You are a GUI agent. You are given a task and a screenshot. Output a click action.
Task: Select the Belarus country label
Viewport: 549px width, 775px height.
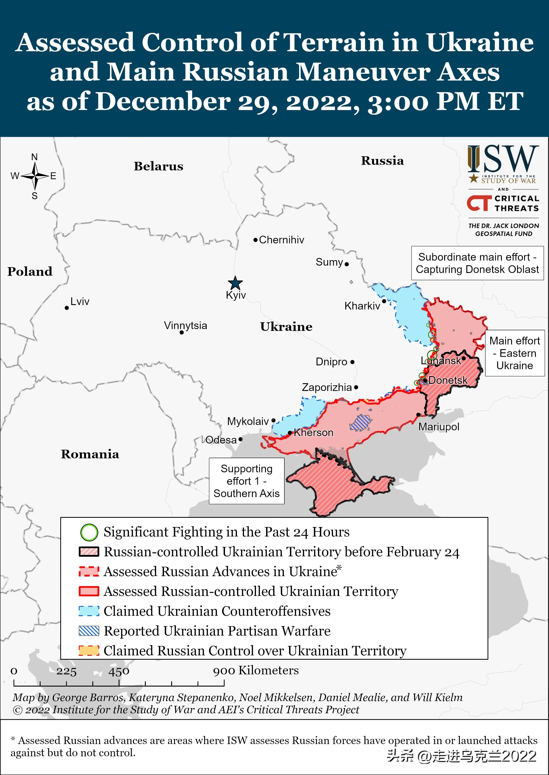pos(158,166)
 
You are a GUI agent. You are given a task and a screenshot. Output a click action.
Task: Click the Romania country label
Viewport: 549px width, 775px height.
pos(90,454)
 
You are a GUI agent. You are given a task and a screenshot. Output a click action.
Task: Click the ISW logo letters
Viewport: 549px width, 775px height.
pos(503,159)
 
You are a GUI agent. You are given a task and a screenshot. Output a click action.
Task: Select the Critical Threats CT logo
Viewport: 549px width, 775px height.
pos(479,203)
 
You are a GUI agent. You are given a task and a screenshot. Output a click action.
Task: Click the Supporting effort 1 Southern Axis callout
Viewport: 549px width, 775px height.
pos(247,481)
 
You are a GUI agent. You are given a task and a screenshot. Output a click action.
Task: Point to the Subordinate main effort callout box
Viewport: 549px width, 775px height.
pos(477,263)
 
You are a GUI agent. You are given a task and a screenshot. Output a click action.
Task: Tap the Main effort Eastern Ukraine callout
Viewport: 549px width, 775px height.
pos(515,353)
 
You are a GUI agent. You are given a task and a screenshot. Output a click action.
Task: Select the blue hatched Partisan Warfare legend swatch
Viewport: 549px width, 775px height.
pos(89,631)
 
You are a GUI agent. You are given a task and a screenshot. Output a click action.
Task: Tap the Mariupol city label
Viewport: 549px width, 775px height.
pos(439,427)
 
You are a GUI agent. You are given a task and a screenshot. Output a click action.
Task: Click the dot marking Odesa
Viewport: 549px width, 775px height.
pos(240,439)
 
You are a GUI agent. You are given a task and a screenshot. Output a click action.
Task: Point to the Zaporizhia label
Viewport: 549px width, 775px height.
pos(327,387)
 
